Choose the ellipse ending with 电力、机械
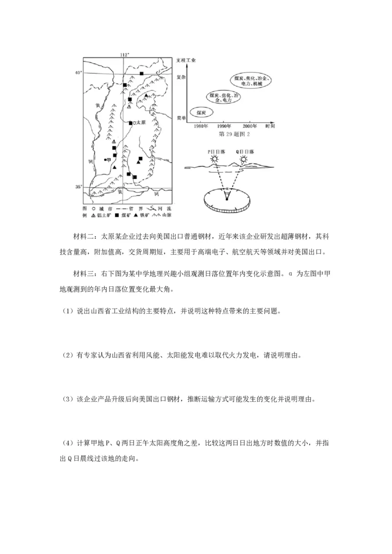point(250,81)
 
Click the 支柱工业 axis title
point(185,60)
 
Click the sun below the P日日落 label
point(214,159)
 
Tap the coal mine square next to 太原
point(130,123)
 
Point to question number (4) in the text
point(69,443)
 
